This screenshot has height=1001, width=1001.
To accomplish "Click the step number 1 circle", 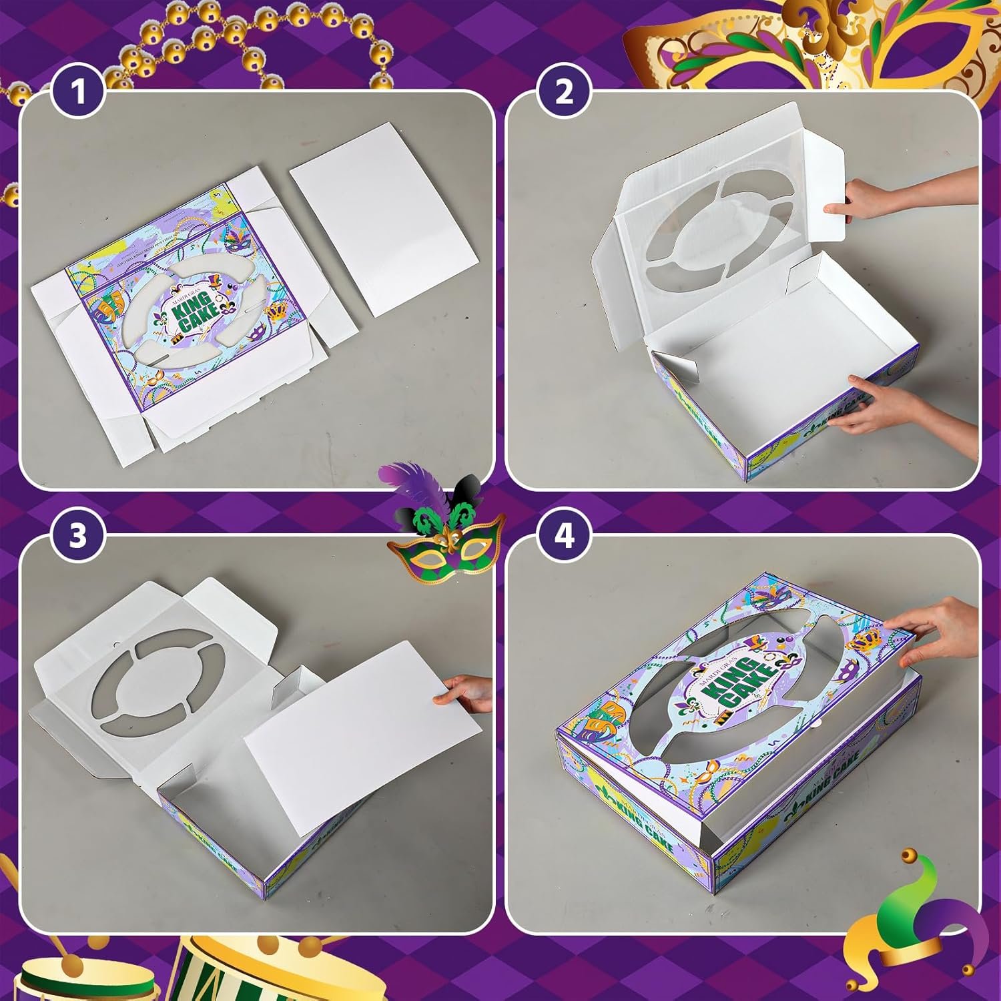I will click(x=79, y=91).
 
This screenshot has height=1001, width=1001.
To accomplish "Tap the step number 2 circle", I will click(x=565, y=91).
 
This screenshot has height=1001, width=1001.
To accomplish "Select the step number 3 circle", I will click(x=79, y=535).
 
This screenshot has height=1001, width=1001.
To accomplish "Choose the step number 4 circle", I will click(x=565, y=535).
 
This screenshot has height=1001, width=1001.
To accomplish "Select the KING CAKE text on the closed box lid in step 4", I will click(x=734, y=681).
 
